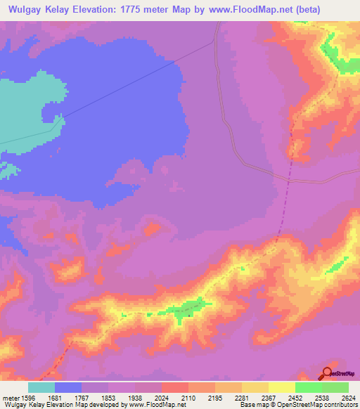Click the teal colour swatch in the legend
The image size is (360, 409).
[41, 387]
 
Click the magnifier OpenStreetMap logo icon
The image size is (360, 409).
[328, 373]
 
